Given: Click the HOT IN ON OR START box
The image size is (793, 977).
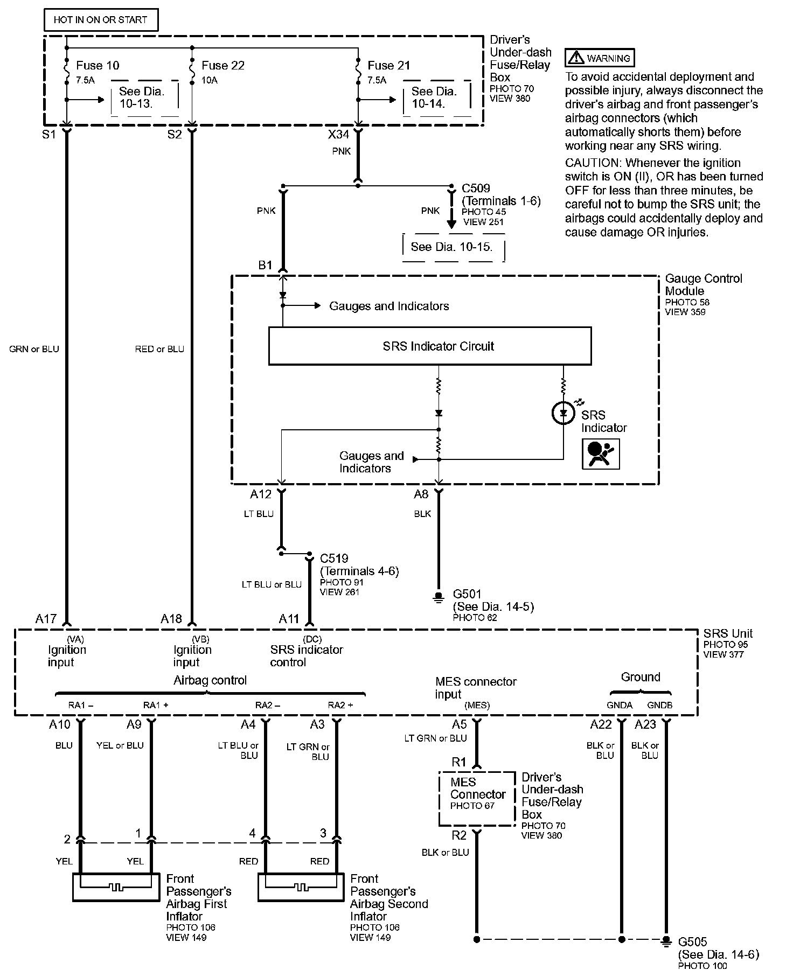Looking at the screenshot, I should click(x=101, y=20).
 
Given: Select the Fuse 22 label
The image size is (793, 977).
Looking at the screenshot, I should click(x=223, y=66).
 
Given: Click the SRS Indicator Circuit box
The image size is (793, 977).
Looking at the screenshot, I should click(x=430, y=346).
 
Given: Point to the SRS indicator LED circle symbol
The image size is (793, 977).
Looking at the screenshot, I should click(x=564, y=413).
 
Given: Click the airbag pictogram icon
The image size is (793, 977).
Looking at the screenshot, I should click(x=601, y=453).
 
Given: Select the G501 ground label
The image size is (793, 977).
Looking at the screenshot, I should click(x=467, y=594).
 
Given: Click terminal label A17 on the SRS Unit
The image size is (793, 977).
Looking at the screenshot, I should click(x=46, y=619).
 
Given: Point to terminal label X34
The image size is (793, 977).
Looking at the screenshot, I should click(x=339, y=134).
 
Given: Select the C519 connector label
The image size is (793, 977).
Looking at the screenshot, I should click(x=334, y=559).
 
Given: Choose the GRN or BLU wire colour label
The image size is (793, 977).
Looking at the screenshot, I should click(x=34, y=349).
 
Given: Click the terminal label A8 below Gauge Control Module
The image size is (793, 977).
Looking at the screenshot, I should click(x=421, y=494).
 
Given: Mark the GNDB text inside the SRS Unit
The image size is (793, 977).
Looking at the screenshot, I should click(x=659, y=705).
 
